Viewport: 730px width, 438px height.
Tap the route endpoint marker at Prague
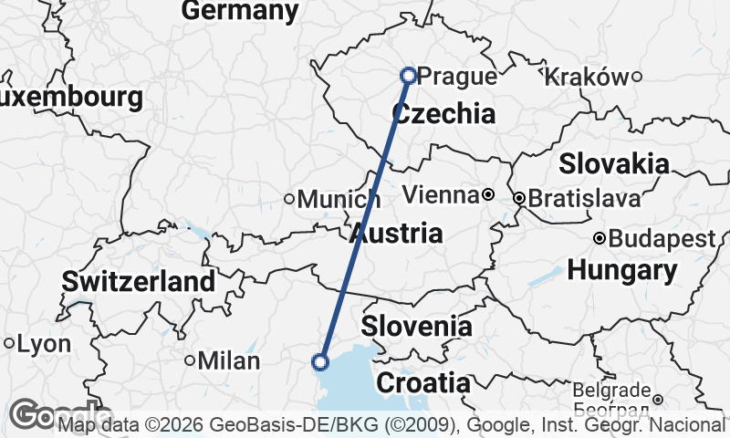(408, 76)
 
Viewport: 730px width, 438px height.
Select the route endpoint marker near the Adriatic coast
(320, 362)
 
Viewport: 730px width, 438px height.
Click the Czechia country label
(443, 114)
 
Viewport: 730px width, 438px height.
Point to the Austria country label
(396, 233)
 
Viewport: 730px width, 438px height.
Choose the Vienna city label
(441, 195)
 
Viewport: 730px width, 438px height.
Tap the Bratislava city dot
(518, 197)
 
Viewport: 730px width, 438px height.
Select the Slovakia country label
(613, 164)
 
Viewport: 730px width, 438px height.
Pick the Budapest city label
(662, 239)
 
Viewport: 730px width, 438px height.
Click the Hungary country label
(621, 270)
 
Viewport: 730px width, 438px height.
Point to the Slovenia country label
(417, 327)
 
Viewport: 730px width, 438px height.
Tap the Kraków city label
(586, 78)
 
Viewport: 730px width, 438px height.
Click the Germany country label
(240, 11)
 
